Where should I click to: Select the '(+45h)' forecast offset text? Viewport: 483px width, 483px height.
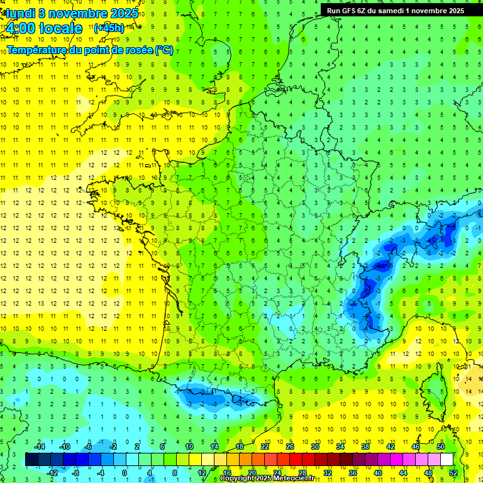coord(108,28)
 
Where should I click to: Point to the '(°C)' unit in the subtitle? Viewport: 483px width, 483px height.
coord(164,50)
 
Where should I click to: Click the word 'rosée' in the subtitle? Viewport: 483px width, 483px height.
coord(138,50)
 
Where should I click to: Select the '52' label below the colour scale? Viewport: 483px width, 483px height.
coord(453,472)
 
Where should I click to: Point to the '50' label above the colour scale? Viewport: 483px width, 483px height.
coord(440,446)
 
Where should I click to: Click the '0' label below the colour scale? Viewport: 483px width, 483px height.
coord(125,472)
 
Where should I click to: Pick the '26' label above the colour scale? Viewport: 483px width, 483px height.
coord(289,446)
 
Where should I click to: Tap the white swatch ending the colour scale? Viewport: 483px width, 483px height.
coord(447,459)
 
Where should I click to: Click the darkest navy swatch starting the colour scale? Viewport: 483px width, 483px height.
coord(31,459)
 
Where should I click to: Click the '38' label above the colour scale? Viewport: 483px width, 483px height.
coord(365,446)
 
